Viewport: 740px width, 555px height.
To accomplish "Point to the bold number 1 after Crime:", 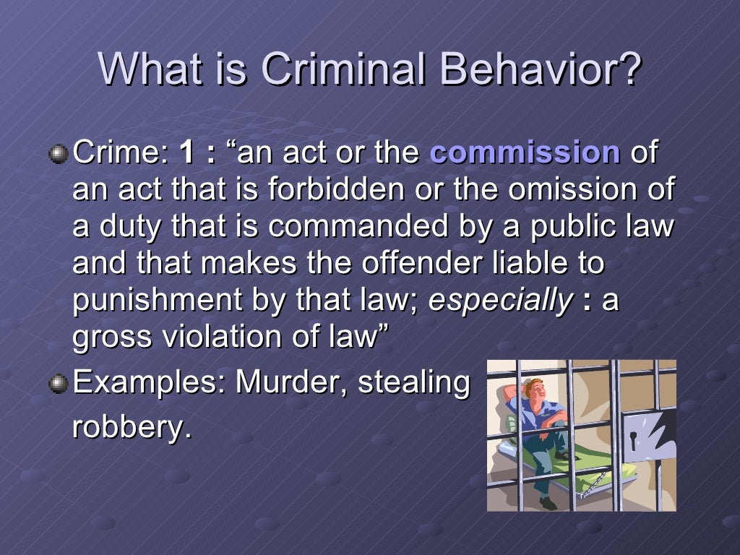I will point(187,153).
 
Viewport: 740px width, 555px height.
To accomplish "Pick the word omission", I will point(567,190).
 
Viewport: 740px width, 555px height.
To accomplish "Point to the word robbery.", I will point(131,428).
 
